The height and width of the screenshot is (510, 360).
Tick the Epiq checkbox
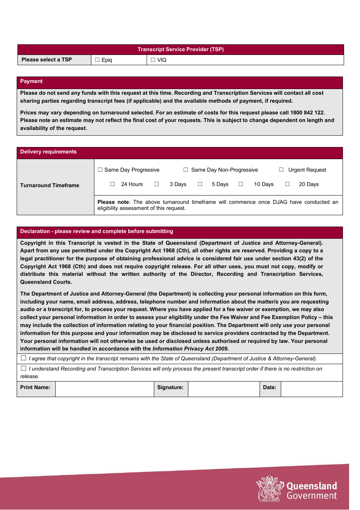click(97, 60)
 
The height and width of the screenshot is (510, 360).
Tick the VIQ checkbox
click(153, 60)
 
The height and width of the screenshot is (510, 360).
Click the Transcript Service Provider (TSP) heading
click(180, 50)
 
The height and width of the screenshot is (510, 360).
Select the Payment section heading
click(31, 81)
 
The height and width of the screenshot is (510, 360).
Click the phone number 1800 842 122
click(307, 113)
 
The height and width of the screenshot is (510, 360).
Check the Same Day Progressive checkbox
click(100, 170)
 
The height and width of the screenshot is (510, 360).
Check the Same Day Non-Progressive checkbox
click(186, 170)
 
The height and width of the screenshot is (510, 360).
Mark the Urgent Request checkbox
click(281, 170)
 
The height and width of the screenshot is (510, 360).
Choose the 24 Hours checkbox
click(113, 184)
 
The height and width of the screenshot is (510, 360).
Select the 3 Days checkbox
click(157, 184)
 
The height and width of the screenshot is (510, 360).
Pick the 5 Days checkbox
click(200, 184)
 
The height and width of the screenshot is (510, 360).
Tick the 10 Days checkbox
click(241, 184)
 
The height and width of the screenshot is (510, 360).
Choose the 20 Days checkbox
click(287, 184)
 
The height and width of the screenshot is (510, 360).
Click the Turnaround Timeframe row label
click(50, 185)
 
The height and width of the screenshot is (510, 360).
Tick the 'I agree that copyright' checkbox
click(23, 358)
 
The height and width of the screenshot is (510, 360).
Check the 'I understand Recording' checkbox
click(23, 368)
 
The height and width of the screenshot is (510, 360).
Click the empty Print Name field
click(105, 389)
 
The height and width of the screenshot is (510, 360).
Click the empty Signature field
click(224, 389)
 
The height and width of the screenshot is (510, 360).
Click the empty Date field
click(311, 389)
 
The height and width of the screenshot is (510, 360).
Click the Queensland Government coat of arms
click(269, 489)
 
